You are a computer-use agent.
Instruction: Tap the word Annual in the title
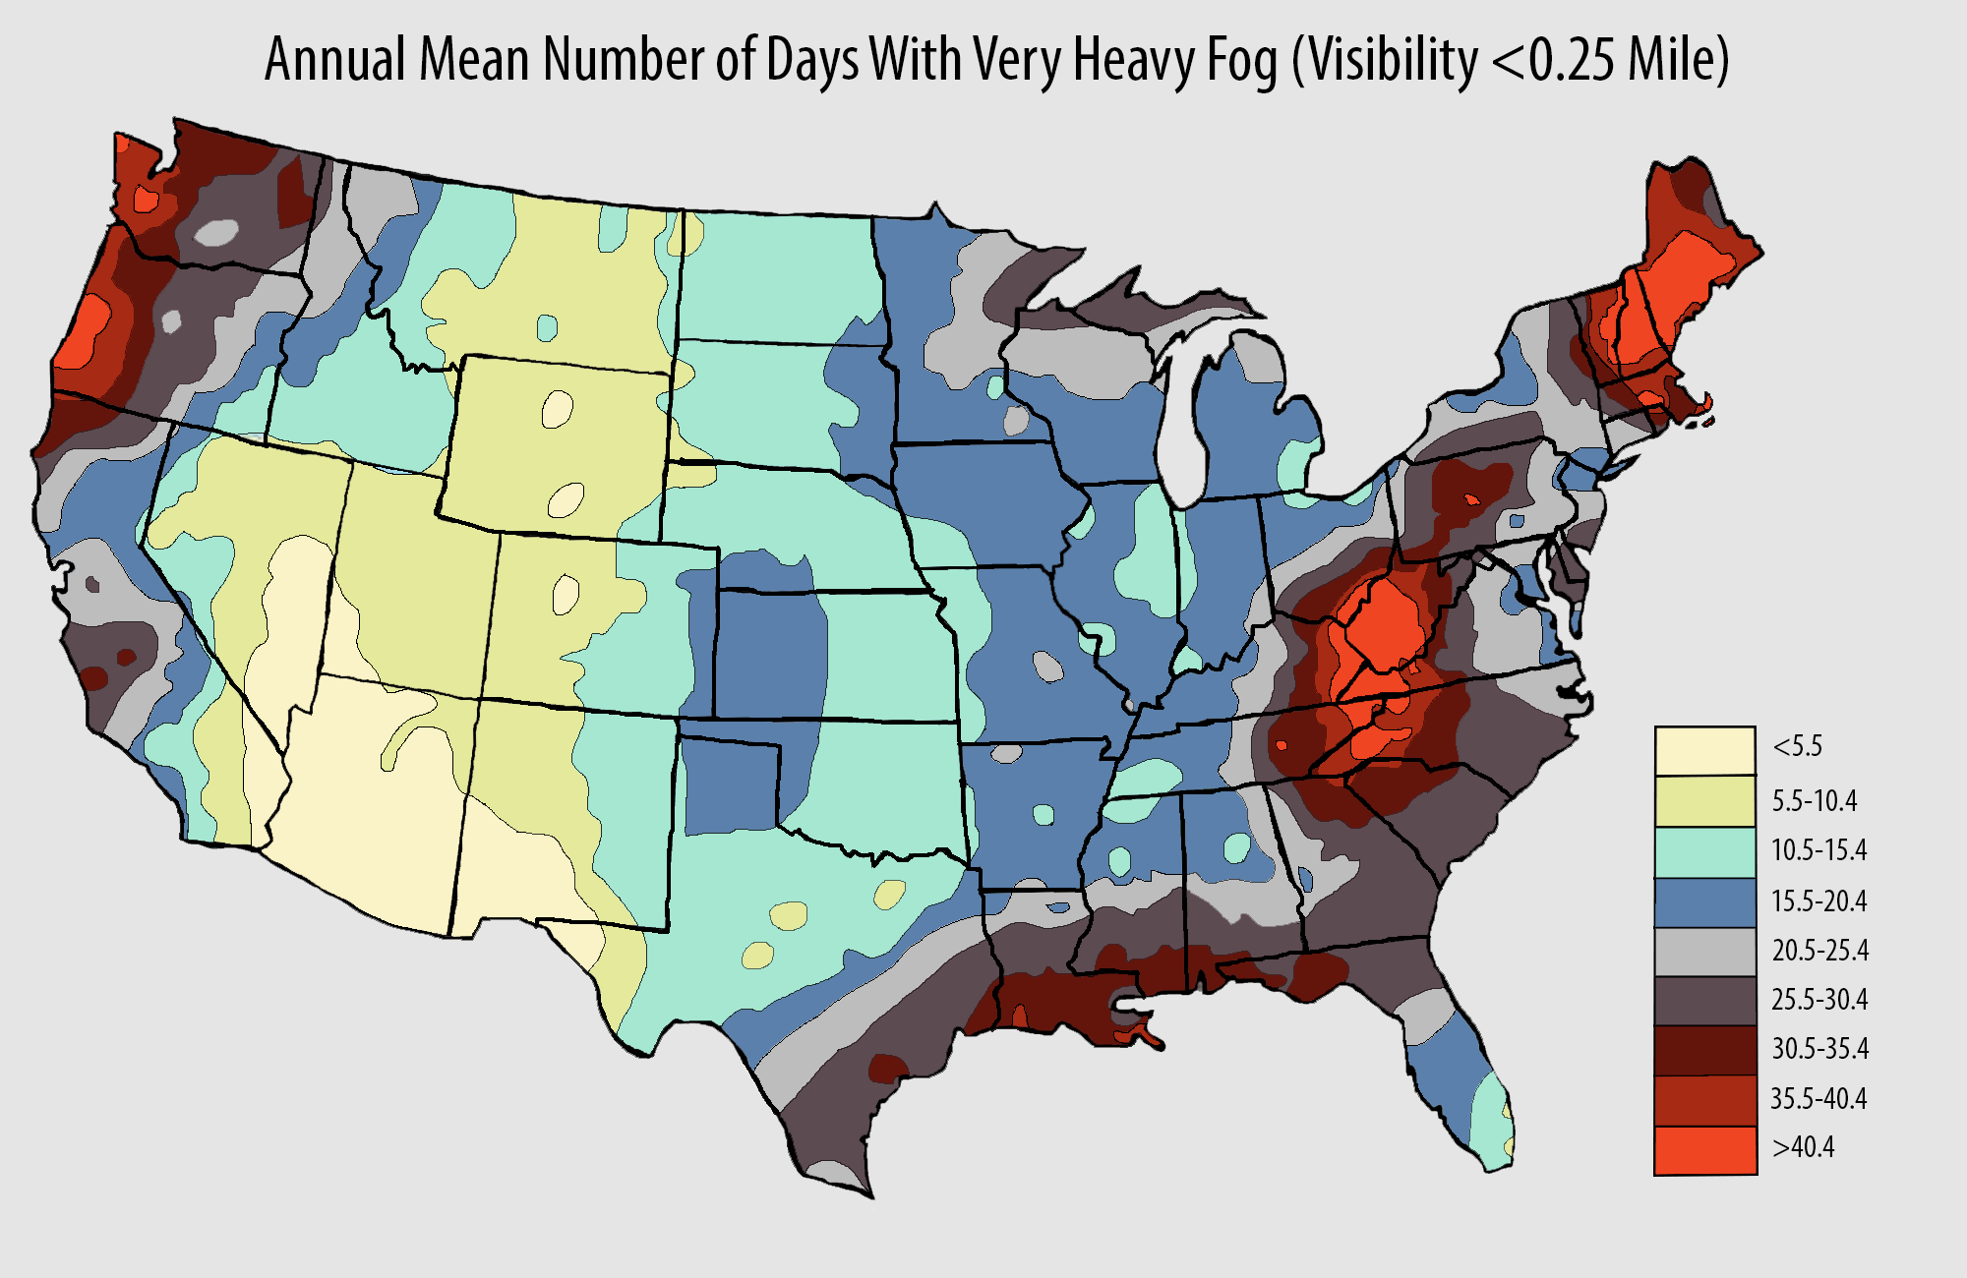[x=334, y=61]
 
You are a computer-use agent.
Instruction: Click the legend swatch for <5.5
[x=1704, y=751]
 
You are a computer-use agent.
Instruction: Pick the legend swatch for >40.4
[x=1704, y=1150]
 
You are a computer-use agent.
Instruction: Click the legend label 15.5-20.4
[x=1818, y=900]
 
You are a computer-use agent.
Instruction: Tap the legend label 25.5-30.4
[x=1818, y=1000]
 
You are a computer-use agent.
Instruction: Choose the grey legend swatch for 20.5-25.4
[x=1704, y=951]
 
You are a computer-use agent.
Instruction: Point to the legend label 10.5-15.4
[x=1818, y=850]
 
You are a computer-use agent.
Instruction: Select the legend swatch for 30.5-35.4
[x=1704, y=1050]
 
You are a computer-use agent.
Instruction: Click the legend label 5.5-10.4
[x=1814, y=801]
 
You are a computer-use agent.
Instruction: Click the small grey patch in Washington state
[x=216, y=233]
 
